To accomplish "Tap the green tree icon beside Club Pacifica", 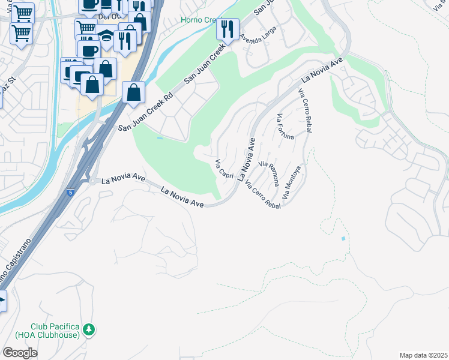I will [89, 329].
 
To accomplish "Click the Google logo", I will [20, 352].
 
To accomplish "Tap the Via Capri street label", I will [224, 168].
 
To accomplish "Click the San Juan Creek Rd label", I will [145, 112].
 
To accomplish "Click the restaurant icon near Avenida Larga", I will [228, 29].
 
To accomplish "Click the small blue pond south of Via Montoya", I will [343, 239].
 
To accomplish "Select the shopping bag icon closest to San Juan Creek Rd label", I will [133, 92].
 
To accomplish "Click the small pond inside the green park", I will [159, 138].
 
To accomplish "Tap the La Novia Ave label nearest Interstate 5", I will [124, 179].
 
